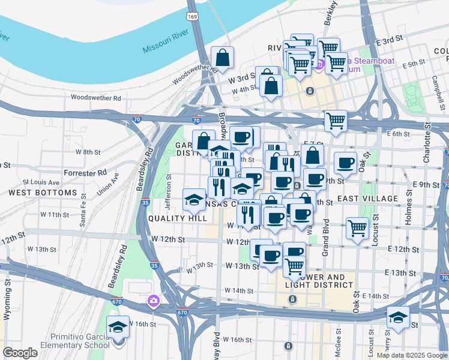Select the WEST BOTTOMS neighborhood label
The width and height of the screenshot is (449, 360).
point(43,193)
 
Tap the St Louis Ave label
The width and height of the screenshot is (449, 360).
point(41,182)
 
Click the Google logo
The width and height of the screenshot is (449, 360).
point(20,353)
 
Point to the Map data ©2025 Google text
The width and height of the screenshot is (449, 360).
point(411,355)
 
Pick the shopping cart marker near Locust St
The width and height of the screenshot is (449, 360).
point(358,228)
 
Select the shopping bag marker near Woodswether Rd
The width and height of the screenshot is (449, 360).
point(223,58)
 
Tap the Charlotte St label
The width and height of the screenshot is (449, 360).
point(427,143)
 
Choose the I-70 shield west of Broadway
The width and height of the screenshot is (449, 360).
point(137,119)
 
